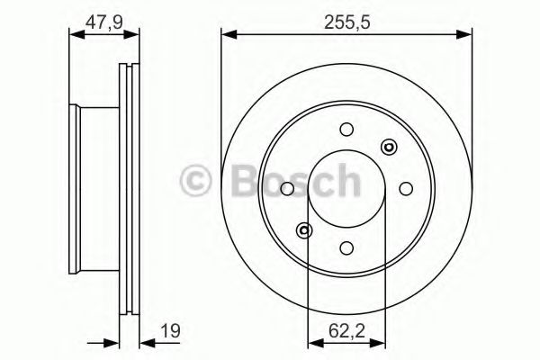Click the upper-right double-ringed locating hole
click(x=389, y=147)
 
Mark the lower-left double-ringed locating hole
click(x=305, y=229)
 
